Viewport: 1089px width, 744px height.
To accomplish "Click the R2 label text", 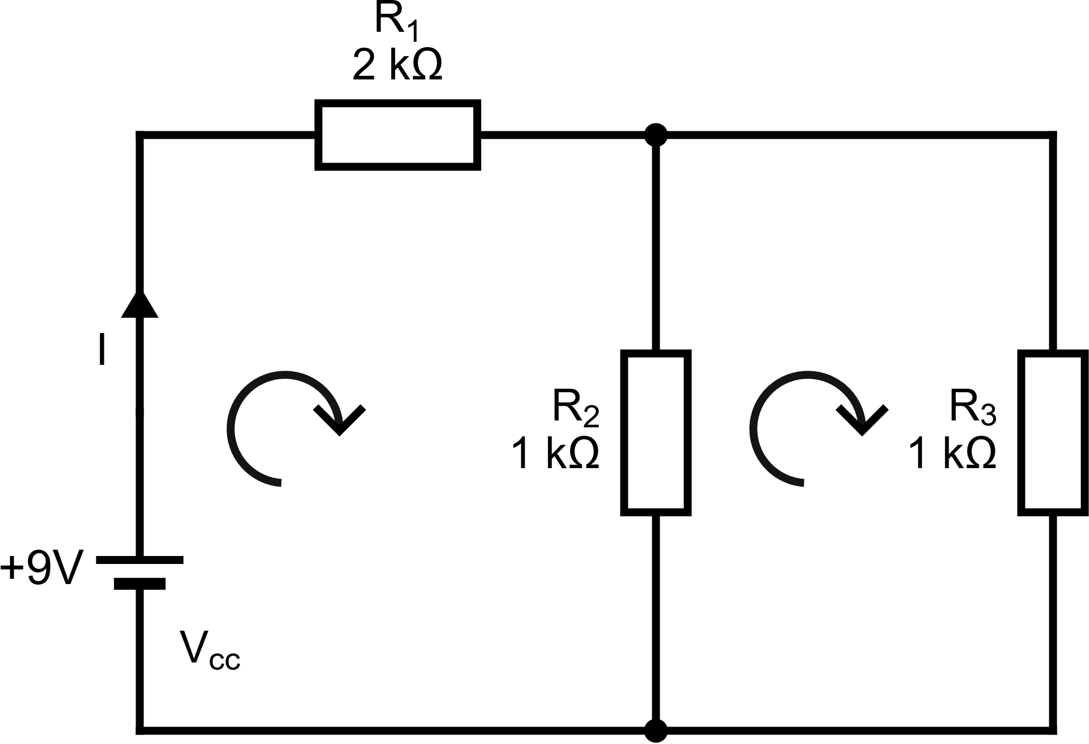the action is tap(576, 407).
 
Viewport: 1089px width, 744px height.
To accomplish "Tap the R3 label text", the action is tap(973, 407).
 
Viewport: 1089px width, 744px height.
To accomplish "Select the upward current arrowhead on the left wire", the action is tap(140, 303).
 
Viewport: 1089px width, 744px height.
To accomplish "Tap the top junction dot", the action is tap(656, 135).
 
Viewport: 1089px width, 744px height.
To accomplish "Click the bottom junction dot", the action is tap(656, 731).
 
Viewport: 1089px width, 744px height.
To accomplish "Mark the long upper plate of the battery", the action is tap(140, 559).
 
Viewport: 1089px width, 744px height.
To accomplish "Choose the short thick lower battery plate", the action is tap(140, 584).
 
